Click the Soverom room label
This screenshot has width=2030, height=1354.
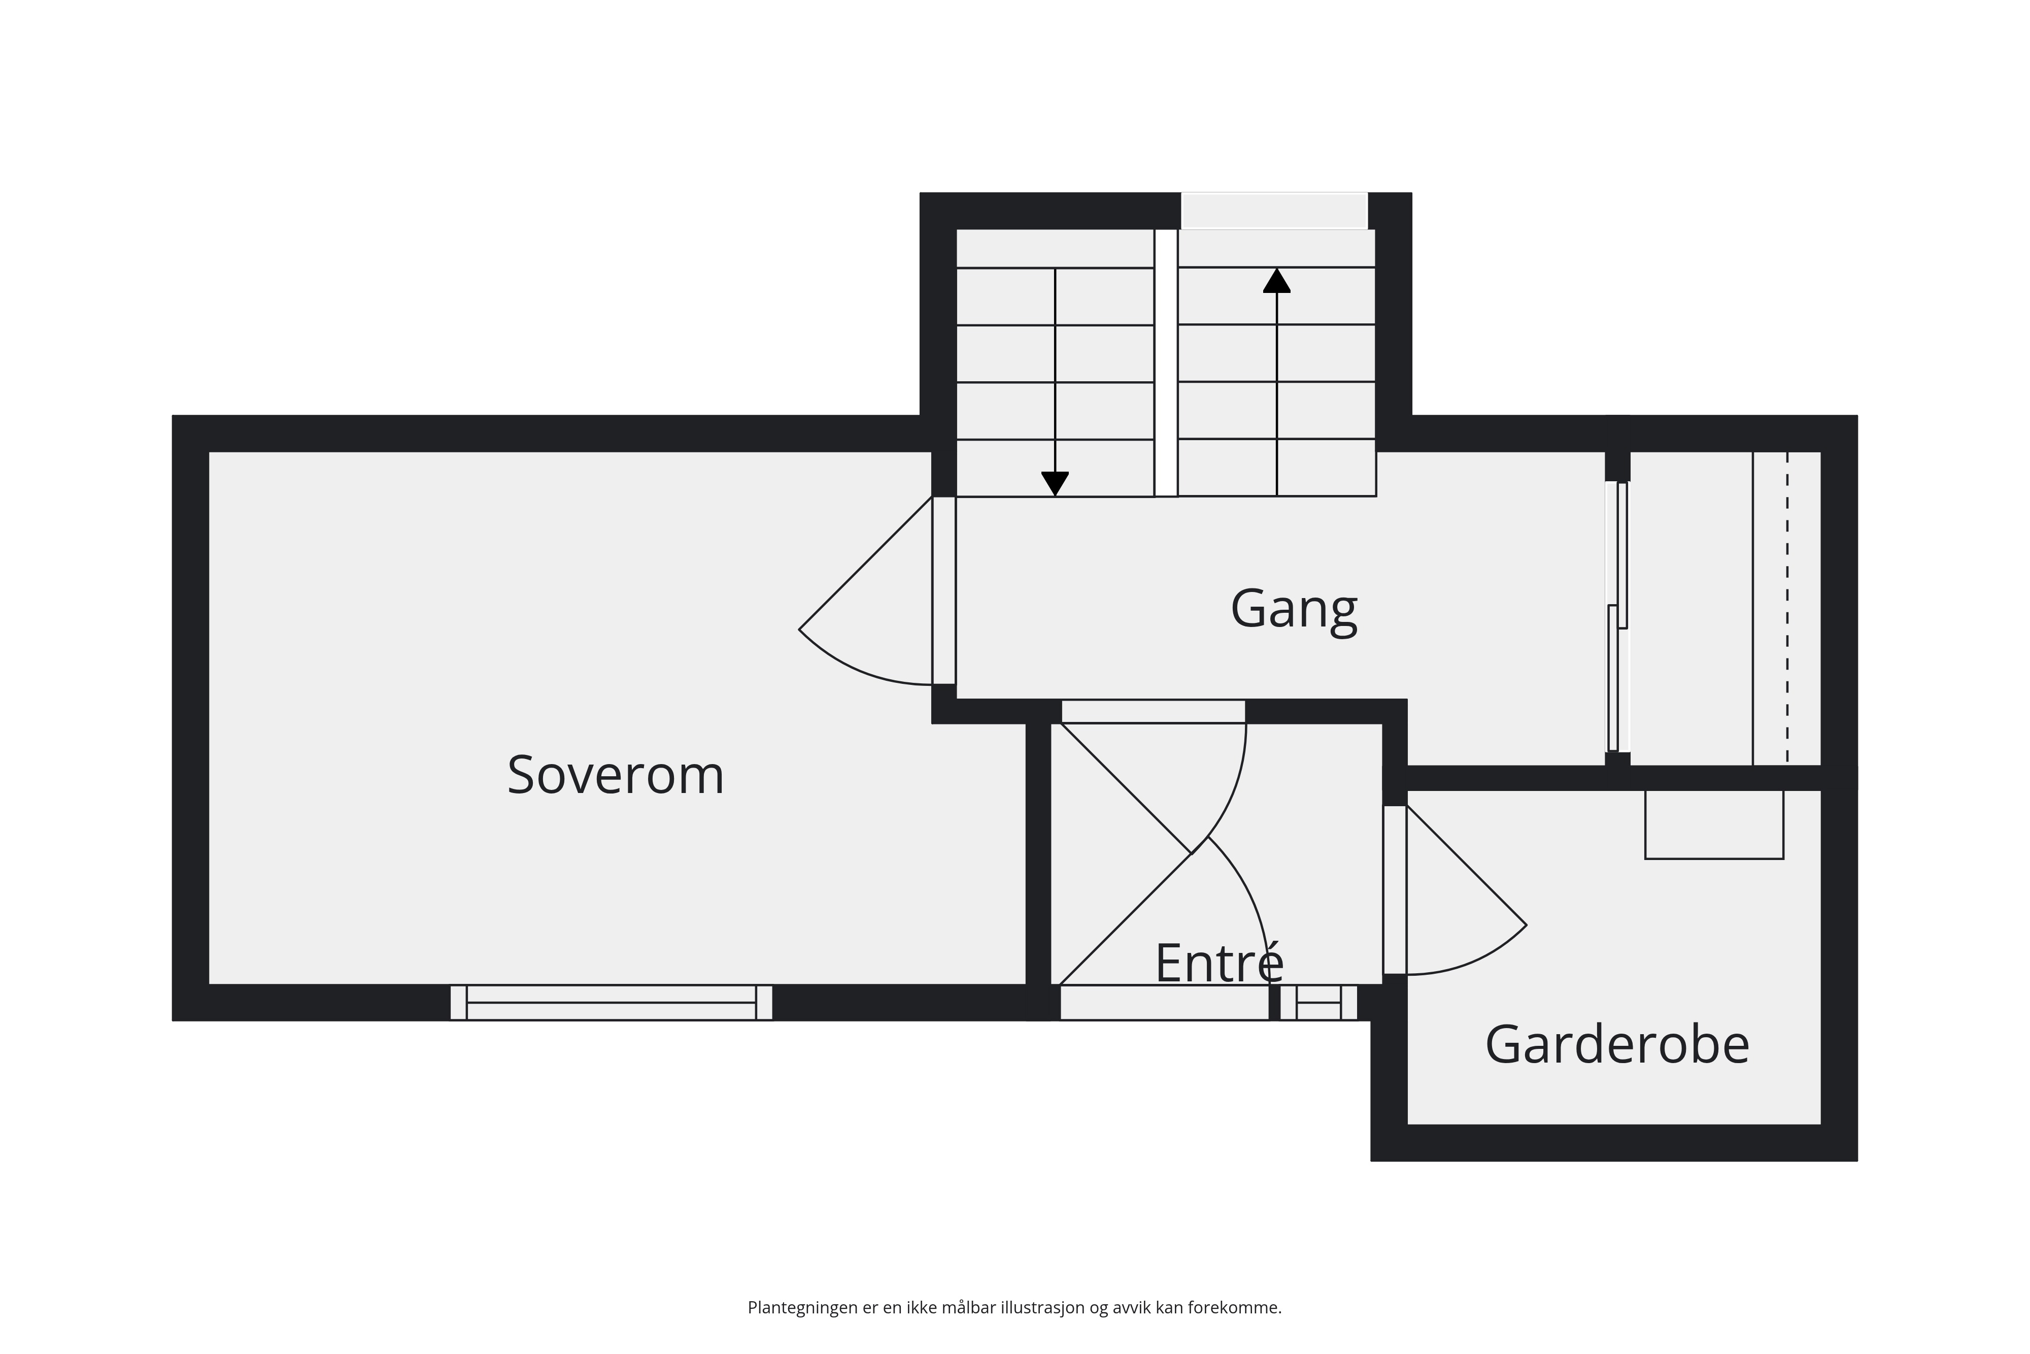[x=616, y=775]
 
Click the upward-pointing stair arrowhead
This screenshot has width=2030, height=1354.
[x=1276, y=281]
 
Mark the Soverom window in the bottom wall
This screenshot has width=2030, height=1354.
[x=611, y=1003]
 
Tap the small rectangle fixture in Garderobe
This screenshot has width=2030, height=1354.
[x=1714, y=824]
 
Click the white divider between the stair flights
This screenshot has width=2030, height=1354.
[x=1166, y=362]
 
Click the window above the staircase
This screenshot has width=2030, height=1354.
[x=1274, y=211]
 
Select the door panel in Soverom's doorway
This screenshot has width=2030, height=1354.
[x=944, y=590]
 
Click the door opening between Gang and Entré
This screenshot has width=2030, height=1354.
[x=1153, y=712]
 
